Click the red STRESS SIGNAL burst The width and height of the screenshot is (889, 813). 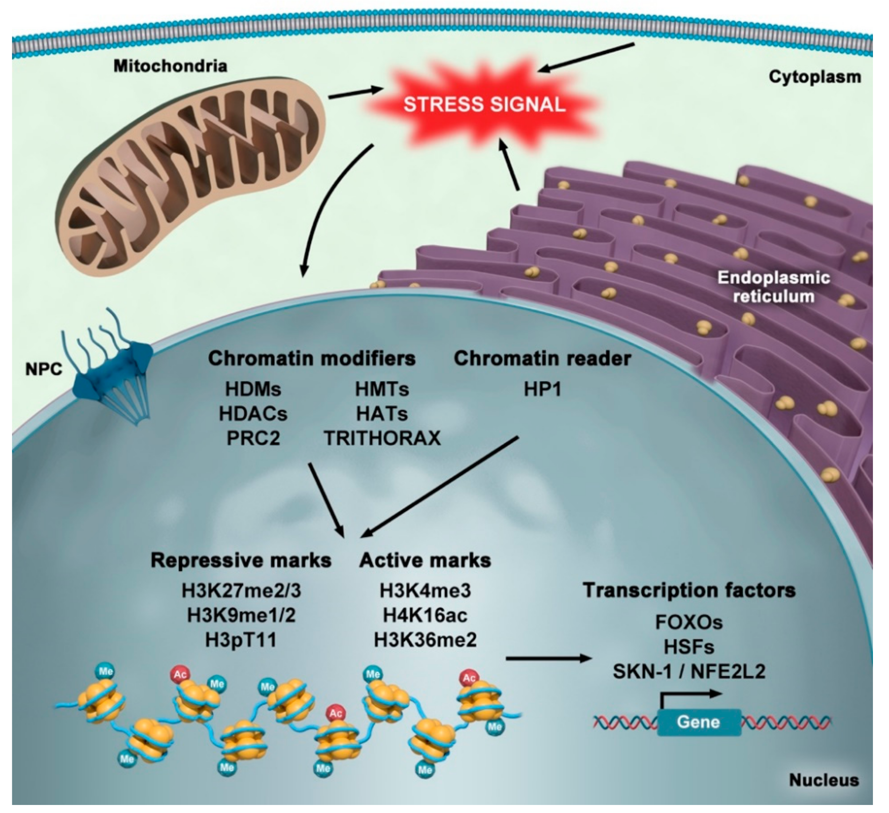coord(484,105)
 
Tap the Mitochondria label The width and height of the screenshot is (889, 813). coord(170,66)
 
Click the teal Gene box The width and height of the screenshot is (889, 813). coord(699,722)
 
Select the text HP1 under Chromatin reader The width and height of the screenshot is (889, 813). coord(542,389)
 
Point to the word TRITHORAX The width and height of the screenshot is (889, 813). coord(382,438)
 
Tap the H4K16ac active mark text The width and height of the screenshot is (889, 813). coord(425,615)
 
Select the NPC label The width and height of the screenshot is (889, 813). coord(44,369)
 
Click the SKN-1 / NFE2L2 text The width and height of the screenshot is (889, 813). coord(689,672)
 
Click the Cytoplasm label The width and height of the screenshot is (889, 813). coord(815,77)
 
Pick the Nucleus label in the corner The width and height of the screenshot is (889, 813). coord(823,780)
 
